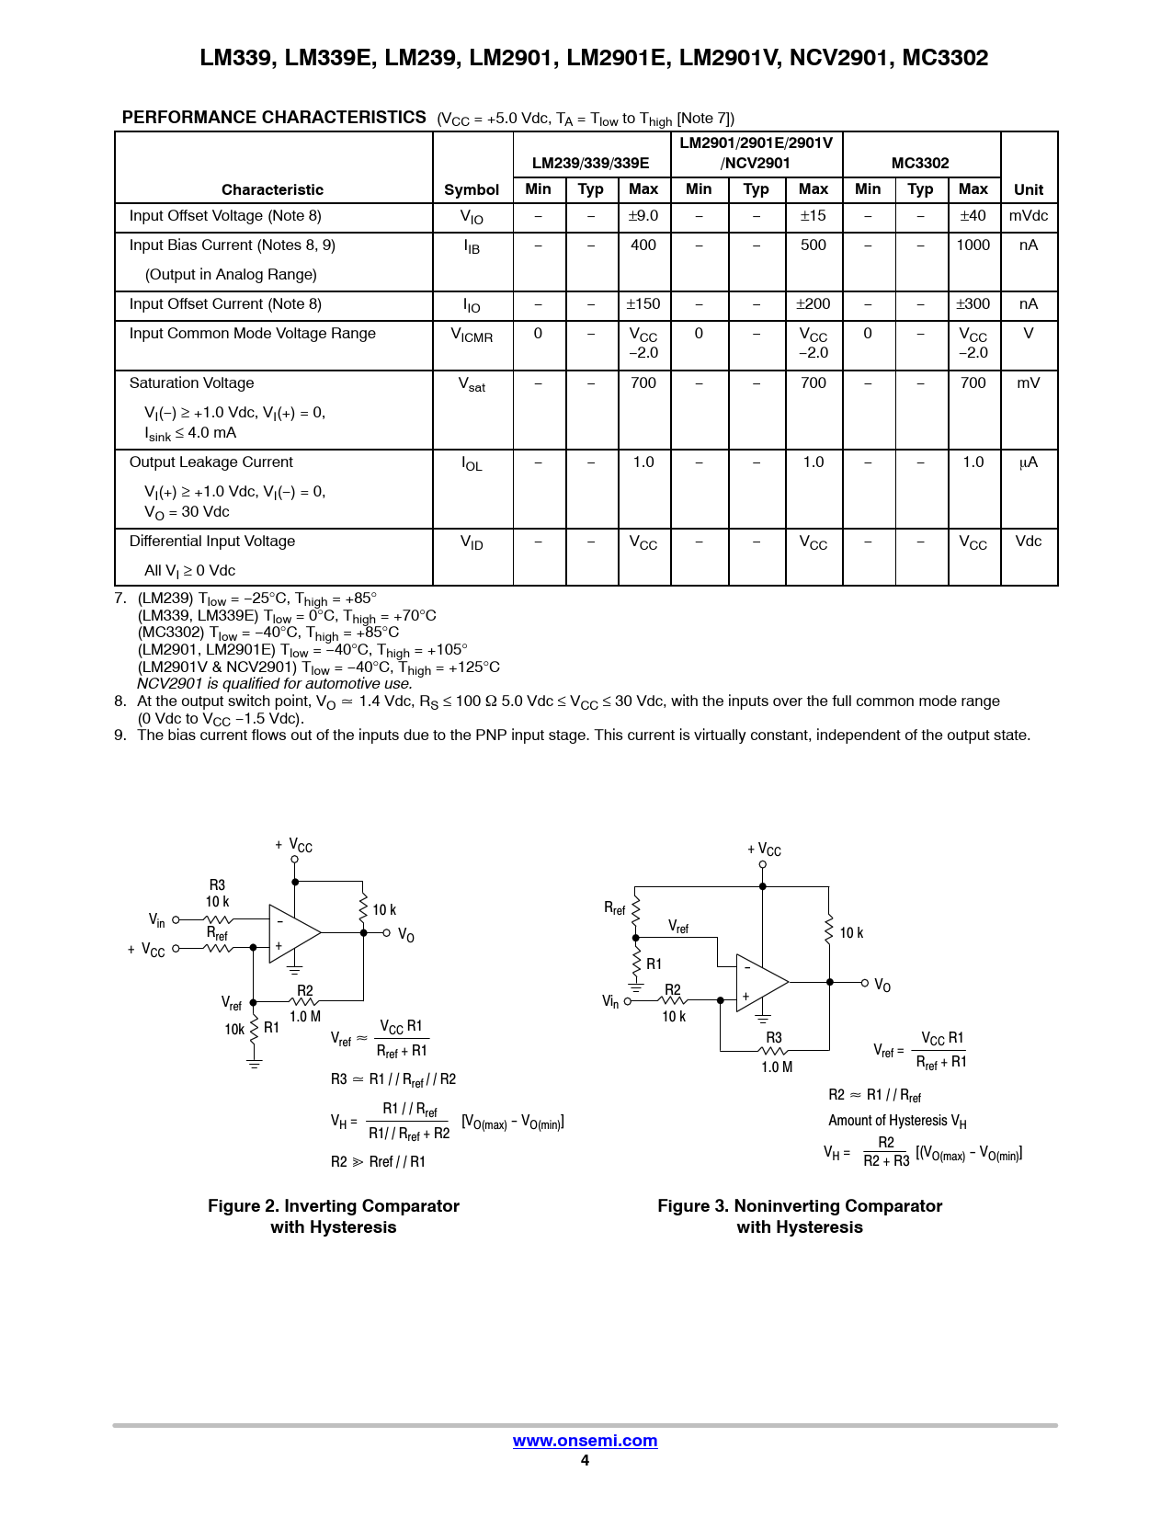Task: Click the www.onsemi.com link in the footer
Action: tap(585, 1441)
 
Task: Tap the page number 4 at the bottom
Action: tap(585, 1461)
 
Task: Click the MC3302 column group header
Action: tap(920, 163)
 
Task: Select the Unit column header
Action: tap(1028, 189)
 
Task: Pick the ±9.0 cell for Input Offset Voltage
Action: tap(643, 216)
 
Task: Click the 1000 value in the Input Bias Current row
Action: tap(973, 245)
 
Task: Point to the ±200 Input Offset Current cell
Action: tap(814, 304)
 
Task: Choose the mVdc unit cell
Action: tap(1028, 216)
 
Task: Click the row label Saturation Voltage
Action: tap(191, 383)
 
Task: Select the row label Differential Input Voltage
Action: tap(212, 542)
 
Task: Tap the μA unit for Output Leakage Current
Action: tap(1028, 462)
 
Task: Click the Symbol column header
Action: tap(472, 189)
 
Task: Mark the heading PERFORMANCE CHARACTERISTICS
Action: tap(274, 118)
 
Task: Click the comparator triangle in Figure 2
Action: tap(291, 933)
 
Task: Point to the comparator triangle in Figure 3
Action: tap(759, 983)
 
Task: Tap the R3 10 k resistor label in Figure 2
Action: tap(218, 894)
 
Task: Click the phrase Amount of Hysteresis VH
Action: tap(897, 1121)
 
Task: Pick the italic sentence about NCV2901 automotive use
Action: tap(275, 684)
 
